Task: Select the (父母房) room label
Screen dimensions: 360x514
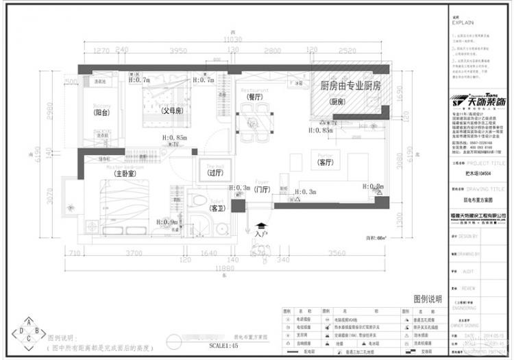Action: [x=171, y=110]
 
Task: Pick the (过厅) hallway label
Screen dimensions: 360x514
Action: [x=215, y=173]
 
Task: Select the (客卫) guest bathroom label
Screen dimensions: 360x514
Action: [x=217, y=207]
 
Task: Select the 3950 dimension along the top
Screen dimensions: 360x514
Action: [x=178, y=51]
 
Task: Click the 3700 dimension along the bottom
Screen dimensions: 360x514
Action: [x=134, y=253]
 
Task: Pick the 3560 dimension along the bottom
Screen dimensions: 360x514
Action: [x=336, y=253]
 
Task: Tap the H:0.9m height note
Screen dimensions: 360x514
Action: [x=167, y=221]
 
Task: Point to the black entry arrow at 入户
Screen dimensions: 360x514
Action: [x=261, y=226]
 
